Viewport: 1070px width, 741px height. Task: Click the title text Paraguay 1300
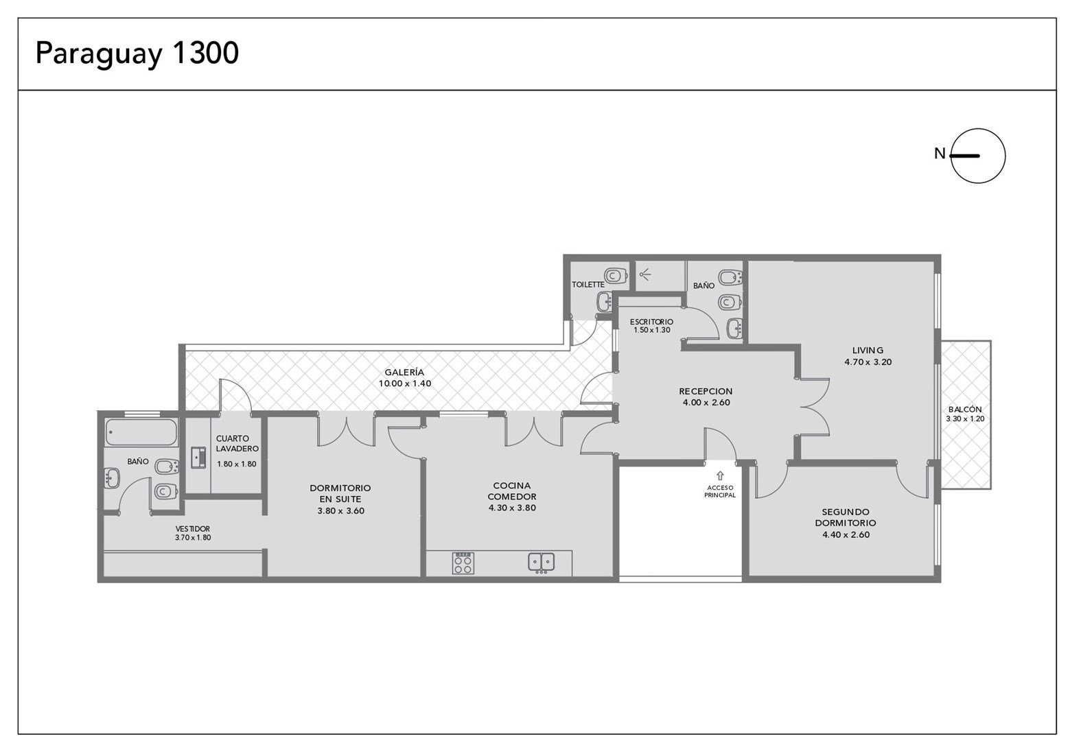(x=137, y=54)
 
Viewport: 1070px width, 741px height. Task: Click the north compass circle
(x=978, y=129)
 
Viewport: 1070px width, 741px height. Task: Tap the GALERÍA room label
(x=404, y=373)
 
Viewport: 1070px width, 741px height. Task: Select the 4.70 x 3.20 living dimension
(x=868, y=362)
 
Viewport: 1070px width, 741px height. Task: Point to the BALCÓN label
(x=965, y=409)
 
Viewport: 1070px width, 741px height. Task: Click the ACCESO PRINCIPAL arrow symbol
(x=720, y=475)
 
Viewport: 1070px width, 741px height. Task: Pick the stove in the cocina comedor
(x=463, y=563)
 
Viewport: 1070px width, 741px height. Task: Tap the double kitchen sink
(x=542, y=563)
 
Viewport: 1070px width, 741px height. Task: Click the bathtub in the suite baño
(x=141, y=432)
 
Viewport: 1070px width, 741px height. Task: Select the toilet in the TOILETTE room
(x=616, y=276)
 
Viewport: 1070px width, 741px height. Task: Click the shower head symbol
(x=645, y=274)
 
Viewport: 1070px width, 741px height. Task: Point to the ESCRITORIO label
(x=651, y=322)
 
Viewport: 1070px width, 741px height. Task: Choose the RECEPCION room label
(x=706, y=392)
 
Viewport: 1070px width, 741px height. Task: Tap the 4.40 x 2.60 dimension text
(x=846, y=534)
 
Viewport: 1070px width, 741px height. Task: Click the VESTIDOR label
(x=192, y=529)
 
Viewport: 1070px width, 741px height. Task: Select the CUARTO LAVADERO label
(x=237, y=443)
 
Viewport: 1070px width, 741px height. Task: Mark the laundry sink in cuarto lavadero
(x=199, y=458)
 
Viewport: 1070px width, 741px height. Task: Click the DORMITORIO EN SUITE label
(x=340, y=494)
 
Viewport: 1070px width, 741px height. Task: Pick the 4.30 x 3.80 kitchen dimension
(x=512, y=508)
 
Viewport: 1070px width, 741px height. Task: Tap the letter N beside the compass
(x=940, y=154)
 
